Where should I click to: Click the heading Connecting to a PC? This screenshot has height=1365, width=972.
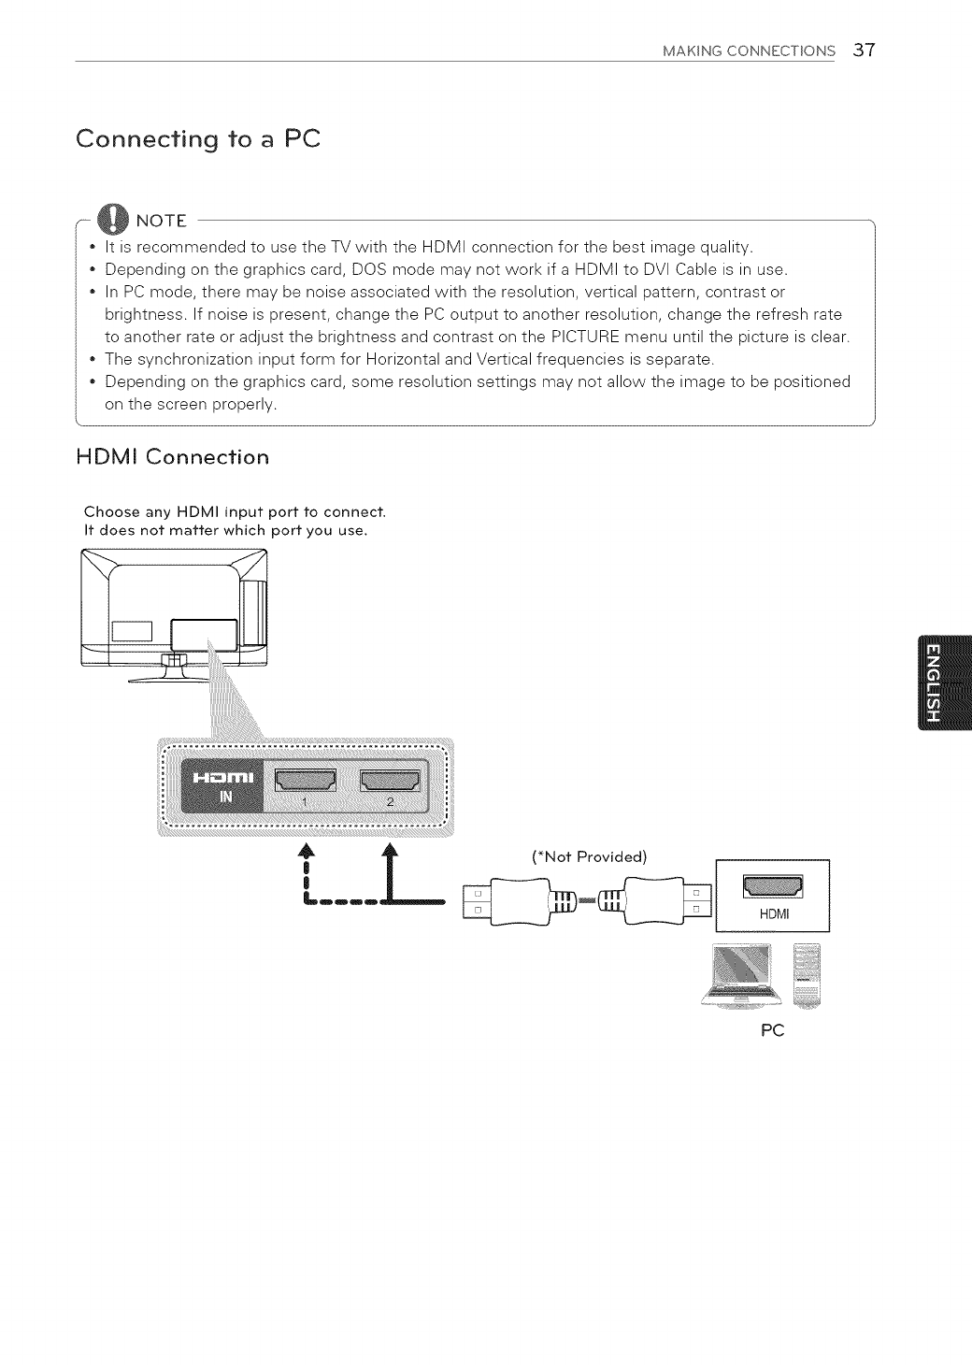click(x=198, y=139)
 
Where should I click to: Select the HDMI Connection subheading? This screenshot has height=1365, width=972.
click(x=174, y=457)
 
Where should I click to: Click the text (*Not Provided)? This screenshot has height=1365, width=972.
click(x=589, y=857)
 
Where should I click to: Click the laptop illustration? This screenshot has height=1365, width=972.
click(x=743, y=974)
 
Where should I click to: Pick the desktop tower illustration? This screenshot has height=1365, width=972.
click(x=807, y=974)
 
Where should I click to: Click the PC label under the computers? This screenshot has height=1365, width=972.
click(x=772, y=1030)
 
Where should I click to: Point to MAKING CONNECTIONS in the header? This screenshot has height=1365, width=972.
click(x=749, y=51)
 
